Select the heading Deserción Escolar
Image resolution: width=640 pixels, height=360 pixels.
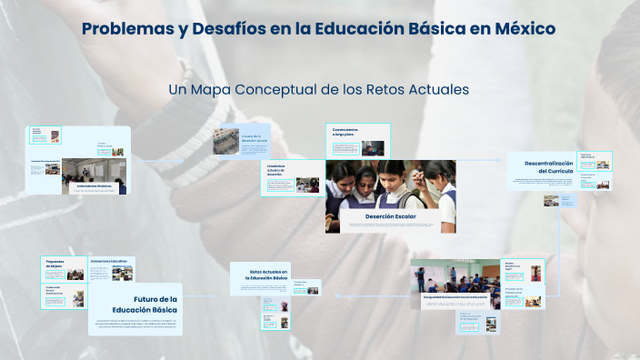click(390, 217)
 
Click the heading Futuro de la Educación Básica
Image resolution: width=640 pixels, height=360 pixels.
click(151, 304)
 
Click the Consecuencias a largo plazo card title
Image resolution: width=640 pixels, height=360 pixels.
click(345, 131)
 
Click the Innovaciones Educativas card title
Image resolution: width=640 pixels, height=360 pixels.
click(109, 261)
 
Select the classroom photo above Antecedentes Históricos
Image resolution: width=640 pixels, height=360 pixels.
click(95, 169)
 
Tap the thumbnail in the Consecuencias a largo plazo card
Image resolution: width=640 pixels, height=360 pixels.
click(374, 147)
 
